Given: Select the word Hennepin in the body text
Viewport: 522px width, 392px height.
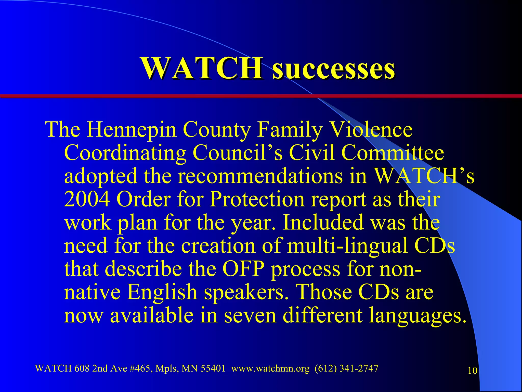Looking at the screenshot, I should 132,130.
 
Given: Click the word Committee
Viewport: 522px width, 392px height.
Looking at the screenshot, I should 393,153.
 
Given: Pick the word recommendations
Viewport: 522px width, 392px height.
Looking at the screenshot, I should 260,176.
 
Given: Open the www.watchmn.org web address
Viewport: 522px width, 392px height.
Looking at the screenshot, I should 270,369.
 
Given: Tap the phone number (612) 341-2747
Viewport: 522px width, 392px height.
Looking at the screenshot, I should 346,369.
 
